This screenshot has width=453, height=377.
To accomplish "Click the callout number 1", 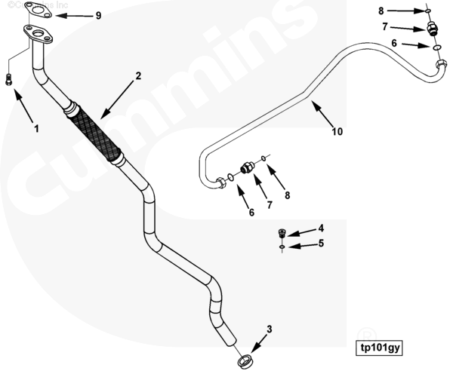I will click(35, 128).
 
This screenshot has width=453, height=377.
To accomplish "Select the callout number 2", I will click(138, 75).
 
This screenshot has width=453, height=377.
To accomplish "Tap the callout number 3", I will click(270, 329).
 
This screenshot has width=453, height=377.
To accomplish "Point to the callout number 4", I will click(320, 228).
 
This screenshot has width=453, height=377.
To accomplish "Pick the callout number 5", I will click(320, 243).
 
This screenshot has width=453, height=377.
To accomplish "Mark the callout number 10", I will click(337, 131).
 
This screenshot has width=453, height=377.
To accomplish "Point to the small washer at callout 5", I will click(282, 247).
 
